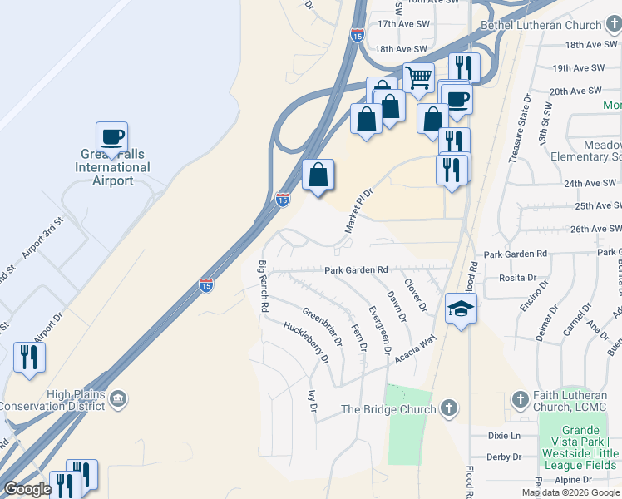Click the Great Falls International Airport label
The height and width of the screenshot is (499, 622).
click(113, 167)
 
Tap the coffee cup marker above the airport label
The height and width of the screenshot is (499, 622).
click(111, 136)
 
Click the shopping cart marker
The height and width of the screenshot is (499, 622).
click(419, 78)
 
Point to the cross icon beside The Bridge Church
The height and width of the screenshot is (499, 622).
click(448, 408)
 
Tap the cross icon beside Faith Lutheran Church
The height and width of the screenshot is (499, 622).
click(521, 399)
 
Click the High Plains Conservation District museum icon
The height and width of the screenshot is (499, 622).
click(117, 400)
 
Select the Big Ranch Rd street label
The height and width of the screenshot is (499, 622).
click(264, 286)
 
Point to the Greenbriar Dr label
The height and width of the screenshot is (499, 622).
click(322, 327)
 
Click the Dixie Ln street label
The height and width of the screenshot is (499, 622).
click(503, 436)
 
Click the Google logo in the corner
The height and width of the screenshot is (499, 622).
click(27, 489)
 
